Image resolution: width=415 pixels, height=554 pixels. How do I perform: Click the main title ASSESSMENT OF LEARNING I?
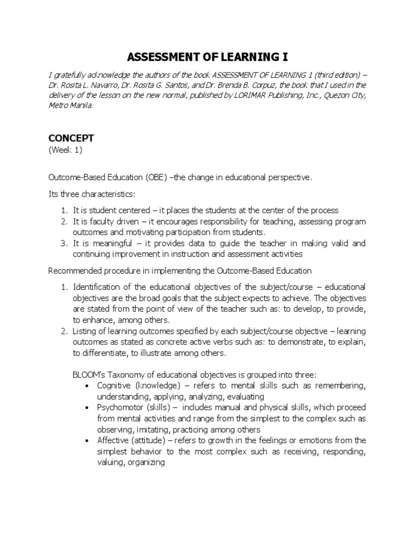207,57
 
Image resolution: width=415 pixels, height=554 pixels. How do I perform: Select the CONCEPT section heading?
69,138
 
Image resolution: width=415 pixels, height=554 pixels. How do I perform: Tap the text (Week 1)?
65,150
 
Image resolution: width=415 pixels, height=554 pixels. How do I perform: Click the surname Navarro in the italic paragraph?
104,85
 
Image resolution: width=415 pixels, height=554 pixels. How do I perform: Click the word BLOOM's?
88,375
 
